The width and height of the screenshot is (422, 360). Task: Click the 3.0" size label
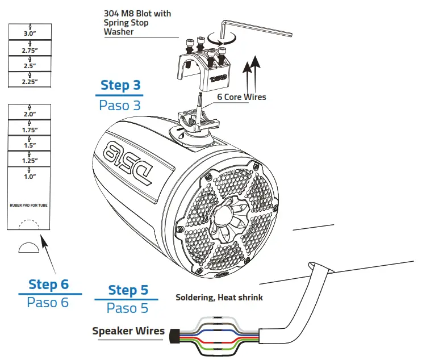click(x=30, y=34)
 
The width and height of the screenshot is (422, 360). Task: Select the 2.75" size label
click(x=30, y=50)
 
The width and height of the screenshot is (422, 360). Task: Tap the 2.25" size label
click(x=30, y=82)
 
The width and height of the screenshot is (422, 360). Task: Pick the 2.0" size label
click(x=30, y=114)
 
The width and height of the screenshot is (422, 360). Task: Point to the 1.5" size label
click(x=30, y=145)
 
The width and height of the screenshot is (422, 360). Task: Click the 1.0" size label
click(x=30, y=177)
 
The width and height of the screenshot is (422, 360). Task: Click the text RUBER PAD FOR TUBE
click(x=30, y=204)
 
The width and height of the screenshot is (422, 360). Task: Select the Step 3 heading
click(x=120, y=86)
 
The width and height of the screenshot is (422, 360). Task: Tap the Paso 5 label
click(x=127, y=308)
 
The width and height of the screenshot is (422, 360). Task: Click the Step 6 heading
click(x=48, y=284)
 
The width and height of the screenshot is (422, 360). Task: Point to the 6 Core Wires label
click(x=241, y=97)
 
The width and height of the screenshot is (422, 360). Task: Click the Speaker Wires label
click(x=128, y=330)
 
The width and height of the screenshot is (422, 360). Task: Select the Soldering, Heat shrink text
click(x=219, y=297)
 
